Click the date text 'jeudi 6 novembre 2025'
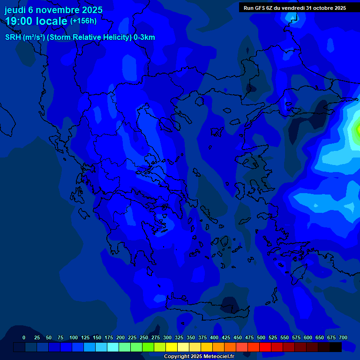[53, 10]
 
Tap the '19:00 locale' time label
[36, 22]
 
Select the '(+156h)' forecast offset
[83, 21]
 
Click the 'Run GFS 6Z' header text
[258, 8]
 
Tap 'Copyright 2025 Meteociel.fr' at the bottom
[199, 357]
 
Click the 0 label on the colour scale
[24, 337]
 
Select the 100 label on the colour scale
[74, 337]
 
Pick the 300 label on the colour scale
[167, 337]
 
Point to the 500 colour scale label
[261, 337]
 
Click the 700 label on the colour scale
[343, 337]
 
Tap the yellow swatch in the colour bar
[172, 347]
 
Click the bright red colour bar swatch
[265, 347]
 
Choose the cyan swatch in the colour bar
[113, 347]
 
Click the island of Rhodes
[298, 275]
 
